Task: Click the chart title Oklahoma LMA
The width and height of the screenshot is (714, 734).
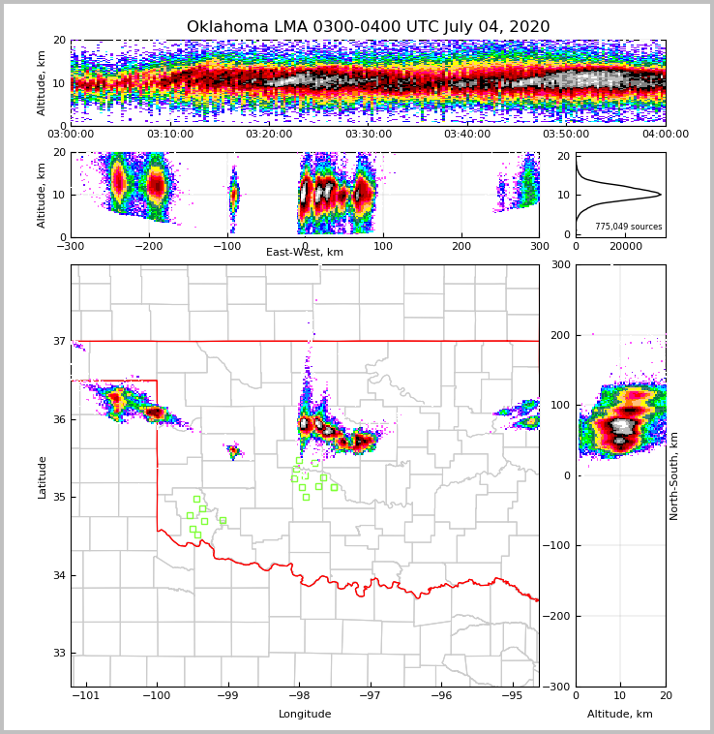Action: (368, 27)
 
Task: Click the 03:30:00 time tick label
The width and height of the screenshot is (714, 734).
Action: (368, 135)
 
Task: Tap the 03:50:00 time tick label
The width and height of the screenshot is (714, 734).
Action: (566, 135)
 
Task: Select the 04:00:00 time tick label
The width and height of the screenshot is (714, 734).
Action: (665, 135)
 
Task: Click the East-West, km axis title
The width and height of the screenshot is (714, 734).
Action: (305, 253)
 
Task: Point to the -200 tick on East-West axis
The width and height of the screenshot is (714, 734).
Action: (148, 246)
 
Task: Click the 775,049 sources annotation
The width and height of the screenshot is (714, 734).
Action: (628, 227)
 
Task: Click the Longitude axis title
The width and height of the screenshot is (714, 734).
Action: (305, 715)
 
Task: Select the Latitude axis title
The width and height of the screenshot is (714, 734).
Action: (43, 476)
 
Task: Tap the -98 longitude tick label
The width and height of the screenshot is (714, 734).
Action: (298, 695)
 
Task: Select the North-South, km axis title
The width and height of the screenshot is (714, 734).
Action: (674, 475)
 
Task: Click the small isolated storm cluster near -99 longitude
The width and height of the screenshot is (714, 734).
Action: (233, 450)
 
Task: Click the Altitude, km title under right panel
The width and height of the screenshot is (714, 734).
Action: (620, 715)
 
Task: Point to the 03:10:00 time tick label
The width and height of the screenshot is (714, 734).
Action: (169, 135)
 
